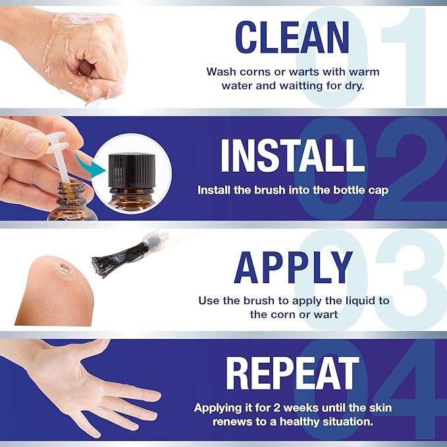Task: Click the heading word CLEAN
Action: [x=292, y=38]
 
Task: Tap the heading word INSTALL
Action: [x=293, y=155]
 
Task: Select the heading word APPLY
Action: [x=293, y=267]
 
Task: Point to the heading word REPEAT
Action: [x=293, y=373]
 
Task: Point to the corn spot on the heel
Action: [x=65, y=269]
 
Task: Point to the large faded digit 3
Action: [x=411, y=279]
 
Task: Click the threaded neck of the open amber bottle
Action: [x=71, y=190]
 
